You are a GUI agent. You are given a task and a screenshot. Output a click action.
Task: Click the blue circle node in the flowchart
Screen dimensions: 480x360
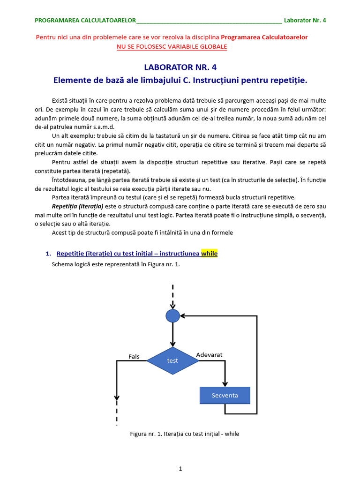tap(173, 316)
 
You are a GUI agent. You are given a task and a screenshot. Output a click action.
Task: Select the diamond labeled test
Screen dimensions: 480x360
tap(173, 361)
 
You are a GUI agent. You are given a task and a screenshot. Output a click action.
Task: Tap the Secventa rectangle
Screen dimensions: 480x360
tap(225, 395)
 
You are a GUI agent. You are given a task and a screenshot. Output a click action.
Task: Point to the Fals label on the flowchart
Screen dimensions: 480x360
tap(134, 357)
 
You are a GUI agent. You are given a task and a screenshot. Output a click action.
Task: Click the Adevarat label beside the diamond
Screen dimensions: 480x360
tap(209, 355)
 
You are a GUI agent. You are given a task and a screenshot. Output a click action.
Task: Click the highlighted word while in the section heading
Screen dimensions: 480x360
tap(210, 254)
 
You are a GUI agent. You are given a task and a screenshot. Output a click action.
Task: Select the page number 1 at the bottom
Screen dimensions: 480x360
tap(180, 468)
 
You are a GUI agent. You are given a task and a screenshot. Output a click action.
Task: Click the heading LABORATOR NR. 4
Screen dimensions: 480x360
tap(180, 67)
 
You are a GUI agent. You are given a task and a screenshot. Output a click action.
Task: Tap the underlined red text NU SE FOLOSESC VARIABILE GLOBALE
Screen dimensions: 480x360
tap(172, 46)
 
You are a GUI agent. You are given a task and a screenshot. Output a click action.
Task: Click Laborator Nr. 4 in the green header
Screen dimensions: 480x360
tap(305, 21)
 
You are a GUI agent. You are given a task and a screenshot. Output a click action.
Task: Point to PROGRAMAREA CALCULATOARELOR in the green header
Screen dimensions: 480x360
tap(85, 21)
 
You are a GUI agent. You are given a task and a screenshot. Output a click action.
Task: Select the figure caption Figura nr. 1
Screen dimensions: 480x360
tap(185, 434)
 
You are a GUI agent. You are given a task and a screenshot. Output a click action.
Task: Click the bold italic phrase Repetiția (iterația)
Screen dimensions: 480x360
tap(77, 206)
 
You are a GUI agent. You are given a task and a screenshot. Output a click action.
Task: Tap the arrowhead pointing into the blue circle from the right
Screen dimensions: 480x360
tap(183, 316)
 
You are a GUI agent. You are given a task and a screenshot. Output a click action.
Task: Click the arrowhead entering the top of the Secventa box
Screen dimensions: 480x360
tap(225, 383)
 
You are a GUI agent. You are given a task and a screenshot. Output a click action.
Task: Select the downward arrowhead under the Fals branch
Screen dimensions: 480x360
tap(117, 397)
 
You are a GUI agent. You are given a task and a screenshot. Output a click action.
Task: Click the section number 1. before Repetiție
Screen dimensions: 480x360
tap(48, 254)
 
